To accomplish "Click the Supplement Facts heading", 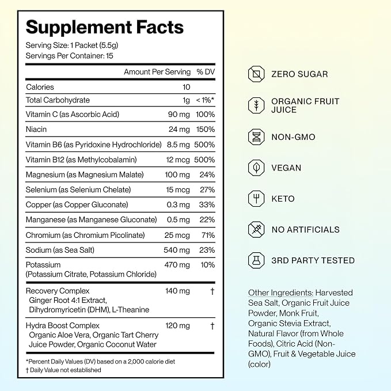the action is click(105, 28).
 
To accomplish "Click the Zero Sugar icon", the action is click(256, 74).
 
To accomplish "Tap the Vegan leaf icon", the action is click(256, 168).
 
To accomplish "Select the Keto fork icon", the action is click(256, 199).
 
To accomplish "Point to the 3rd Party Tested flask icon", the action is click(256, 260).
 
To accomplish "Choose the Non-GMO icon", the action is click(256, 137).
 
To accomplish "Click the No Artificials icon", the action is click(256, 229).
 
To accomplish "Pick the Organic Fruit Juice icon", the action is click(256, 105).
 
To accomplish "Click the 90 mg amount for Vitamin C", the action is click(179, 115).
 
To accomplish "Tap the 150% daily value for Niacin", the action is click(205, 129).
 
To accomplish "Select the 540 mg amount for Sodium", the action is click(177, 250).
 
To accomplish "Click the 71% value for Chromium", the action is click(208, 235).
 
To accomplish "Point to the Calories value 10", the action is click(186, 87).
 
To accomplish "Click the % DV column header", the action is click(206, 72).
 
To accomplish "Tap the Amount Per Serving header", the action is click(157, 72).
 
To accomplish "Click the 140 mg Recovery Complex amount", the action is click(177, 291).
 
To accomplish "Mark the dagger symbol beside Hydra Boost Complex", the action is click(212, 326).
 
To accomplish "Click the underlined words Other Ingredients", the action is click(280, 293).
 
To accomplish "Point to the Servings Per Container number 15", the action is click(109, 56).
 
